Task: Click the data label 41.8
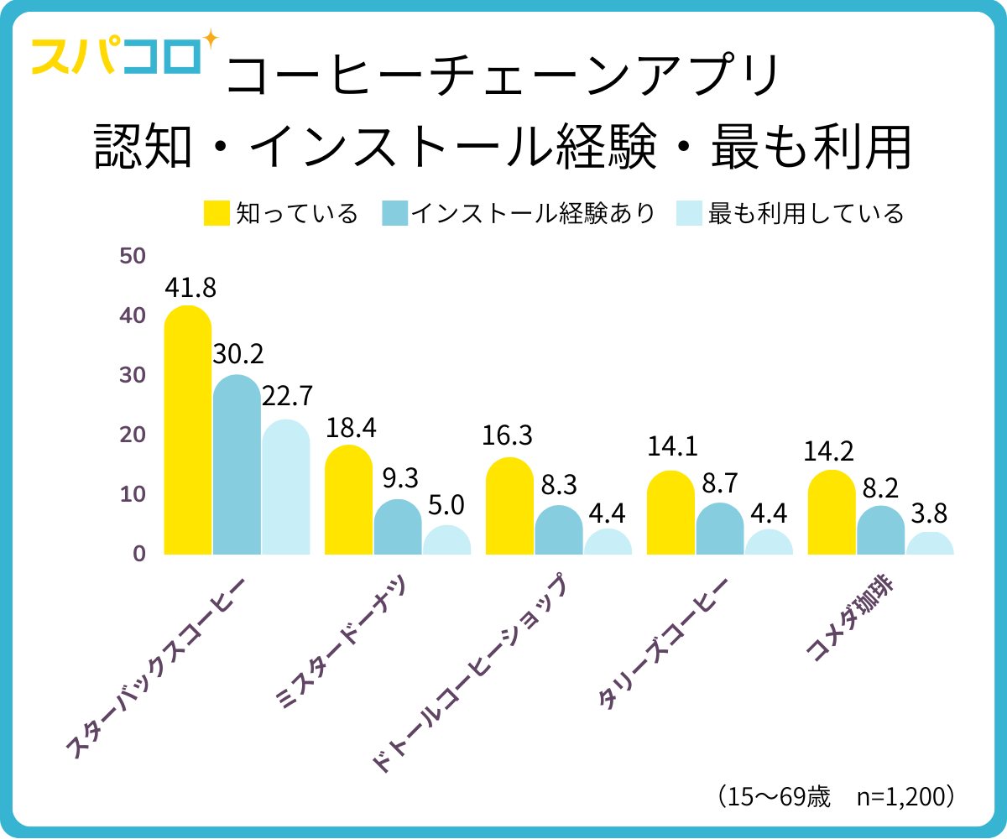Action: point(190,288)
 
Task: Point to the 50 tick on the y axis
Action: point(133,256)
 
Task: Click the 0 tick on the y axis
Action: point(138,554)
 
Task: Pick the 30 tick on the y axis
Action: point(133,375)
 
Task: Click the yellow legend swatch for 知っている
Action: point(217,214)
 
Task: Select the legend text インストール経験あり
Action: point(532,214)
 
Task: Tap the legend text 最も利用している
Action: point(806,214)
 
